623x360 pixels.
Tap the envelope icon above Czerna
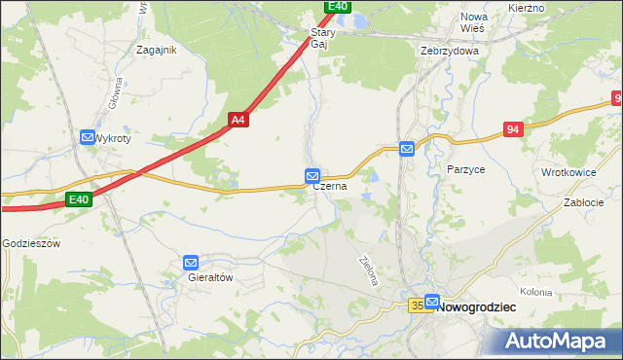312,175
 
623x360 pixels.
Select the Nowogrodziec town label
478,306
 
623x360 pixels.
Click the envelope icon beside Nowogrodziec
432,303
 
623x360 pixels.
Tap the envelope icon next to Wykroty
88,138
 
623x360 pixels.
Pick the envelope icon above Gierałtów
191,262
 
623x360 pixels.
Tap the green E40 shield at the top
337,6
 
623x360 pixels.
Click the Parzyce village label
466,169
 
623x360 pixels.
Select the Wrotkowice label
568,172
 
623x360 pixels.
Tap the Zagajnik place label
157,51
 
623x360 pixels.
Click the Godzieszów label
31,243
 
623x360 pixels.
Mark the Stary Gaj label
322,38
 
